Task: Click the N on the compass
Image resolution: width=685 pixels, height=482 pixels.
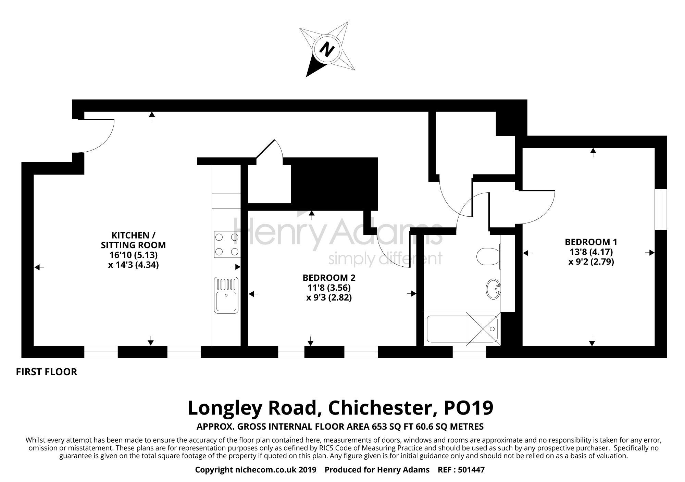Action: tap(327, 50)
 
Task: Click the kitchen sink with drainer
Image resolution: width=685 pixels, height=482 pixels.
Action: tap(226, 295)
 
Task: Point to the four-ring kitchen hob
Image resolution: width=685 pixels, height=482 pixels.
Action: tap(226, 244)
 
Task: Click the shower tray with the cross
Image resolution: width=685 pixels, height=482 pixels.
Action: tap(482, 329)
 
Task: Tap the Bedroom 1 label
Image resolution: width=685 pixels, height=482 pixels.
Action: tap(591, 242)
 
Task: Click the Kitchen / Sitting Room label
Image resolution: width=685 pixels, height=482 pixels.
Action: tap(133, 240)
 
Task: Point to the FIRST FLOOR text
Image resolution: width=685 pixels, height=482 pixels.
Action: tap(47, 372)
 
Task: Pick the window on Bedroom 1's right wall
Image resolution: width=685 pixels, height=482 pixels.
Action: tap(661, 209)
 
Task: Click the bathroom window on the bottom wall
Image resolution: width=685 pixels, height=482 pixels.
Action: tap(469, 352)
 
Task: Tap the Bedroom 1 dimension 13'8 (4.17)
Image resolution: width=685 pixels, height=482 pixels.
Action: tap(591, 252)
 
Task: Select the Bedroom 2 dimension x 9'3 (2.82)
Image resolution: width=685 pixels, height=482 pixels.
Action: tap(329, 297)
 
